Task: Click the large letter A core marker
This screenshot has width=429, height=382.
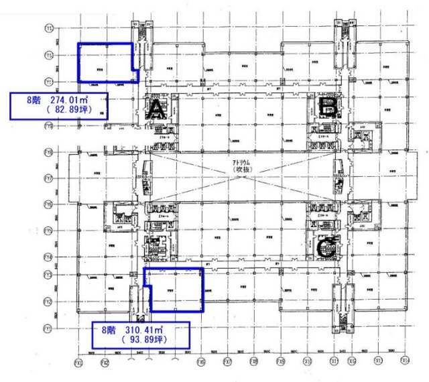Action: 156,107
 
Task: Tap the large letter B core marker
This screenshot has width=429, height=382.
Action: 328,105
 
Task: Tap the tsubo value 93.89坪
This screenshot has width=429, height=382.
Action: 143,340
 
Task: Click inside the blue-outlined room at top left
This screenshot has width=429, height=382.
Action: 104,63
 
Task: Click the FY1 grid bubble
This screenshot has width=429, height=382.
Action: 48,328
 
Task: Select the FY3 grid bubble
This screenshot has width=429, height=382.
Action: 48,275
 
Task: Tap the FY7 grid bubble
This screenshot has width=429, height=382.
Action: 48,178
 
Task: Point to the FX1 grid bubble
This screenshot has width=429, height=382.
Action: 79,362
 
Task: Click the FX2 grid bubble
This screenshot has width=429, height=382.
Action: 105,362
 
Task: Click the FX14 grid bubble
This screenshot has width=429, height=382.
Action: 405,362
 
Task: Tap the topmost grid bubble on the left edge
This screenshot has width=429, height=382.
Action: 48,28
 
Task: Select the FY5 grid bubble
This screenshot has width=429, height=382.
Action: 48,231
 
